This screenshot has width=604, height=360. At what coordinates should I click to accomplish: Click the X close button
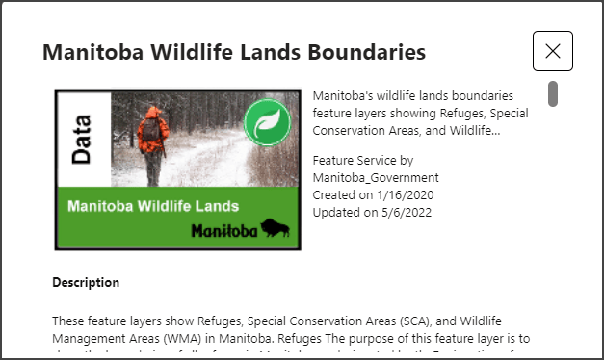(553, 51)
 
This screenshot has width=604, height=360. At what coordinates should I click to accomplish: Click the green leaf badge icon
(267, 122)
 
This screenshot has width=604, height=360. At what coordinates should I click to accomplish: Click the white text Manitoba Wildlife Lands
(154, 206)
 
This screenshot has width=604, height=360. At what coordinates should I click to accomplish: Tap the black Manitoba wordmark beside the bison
(223, 231)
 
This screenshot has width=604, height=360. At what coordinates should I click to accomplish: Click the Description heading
(86, 282)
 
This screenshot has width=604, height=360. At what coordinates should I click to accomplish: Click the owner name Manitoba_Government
(376, 178)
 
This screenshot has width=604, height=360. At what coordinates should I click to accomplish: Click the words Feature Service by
(363, 161)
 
